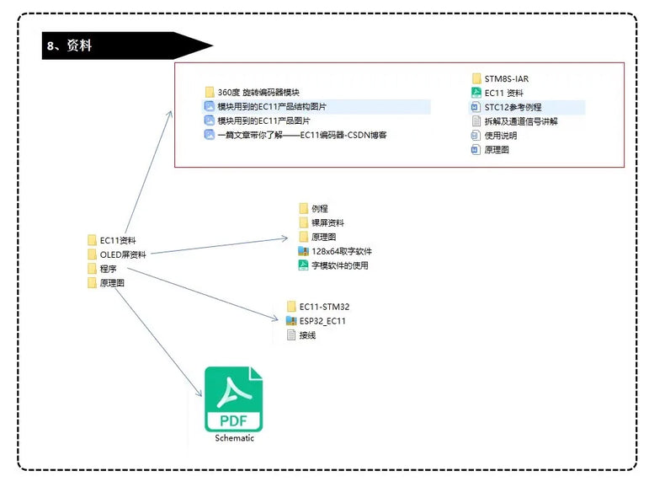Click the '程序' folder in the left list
(x=108, y=269)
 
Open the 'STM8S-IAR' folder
(x=506, y=78)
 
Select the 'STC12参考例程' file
(x=513, y=107)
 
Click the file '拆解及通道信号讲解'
(x=520, y=121)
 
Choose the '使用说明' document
(x=501, y=136)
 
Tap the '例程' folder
(x=319, y=208)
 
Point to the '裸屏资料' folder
(x=327, y=222)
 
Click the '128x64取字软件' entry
(x=341, y=251)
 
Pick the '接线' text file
(x=307, y=335)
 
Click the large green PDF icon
(x=233, y=399)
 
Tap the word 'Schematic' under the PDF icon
(x=234, y=438)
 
